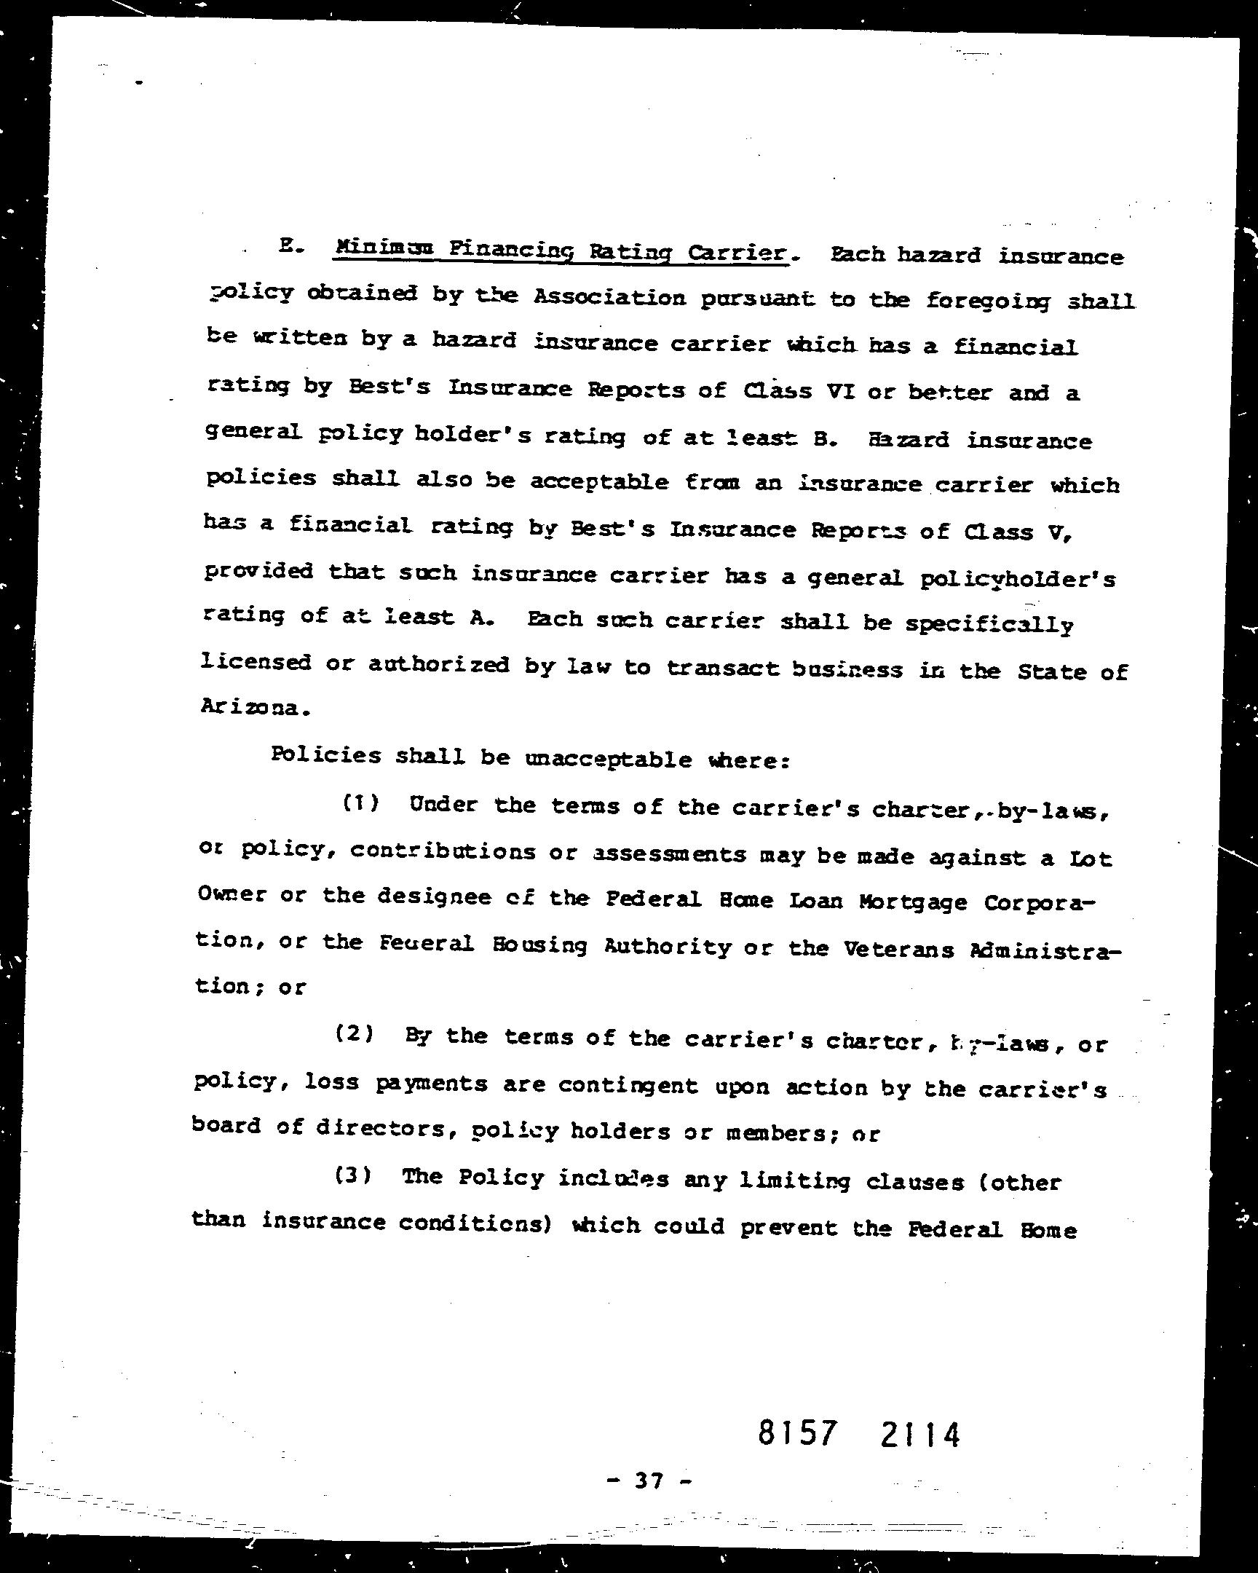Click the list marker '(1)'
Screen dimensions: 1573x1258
[361, 803]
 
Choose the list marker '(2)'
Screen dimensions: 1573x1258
[355, 1034]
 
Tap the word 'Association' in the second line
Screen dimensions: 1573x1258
[609, 296]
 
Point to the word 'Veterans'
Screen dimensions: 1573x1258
[898, 948]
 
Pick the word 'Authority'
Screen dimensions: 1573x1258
[668, 946]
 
